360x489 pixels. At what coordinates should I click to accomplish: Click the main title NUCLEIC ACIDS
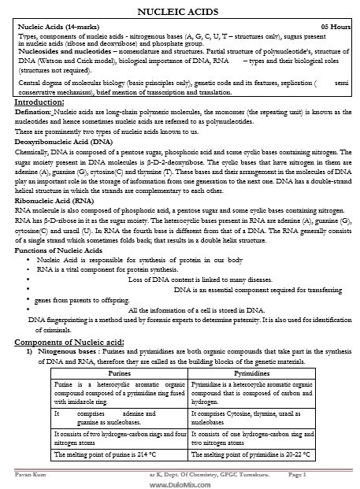[x=180, y=10]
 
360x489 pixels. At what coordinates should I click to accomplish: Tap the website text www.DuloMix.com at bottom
[x=180, y=483]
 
